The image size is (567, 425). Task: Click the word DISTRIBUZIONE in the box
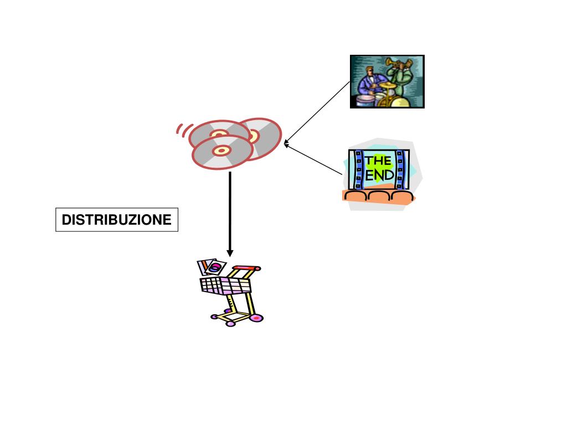tap(116, 220)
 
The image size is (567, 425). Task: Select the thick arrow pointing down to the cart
tap(230, 213)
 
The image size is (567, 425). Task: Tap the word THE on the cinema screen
tap(378, 161)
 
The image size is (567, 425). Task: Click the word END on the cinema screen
tap(380, 175)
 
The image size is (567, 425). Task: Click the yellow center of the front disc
tap(221, 151)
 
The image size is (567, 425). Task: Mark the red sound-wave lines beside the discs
tap(182, 130)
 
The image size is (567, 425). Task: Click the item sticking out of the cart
tap(210, 267)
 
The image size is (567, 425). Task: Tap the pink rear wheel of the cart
tap(256, 318)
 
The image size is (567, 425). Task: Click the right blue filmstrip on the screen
tap(400, 169)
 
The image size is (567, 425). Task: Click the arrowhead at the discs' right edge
tap(286, 144)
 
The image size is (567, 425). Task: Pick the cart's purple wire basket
tap(224, 285)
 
